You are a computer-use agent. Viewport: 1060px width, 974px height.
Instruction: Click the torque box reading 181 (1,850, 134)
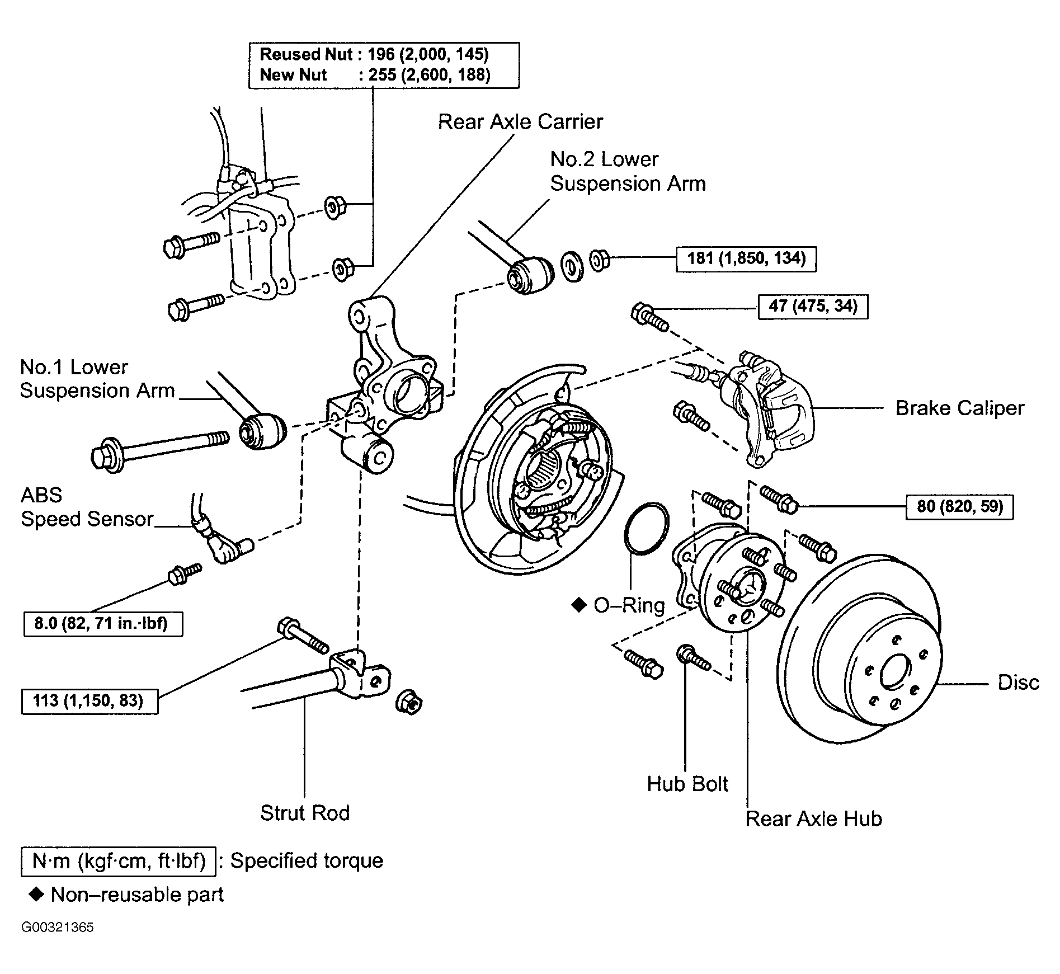[x=746, y=259]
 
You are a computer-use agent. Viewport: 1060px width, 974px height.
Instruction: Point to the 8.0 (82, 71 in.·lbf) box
[x=103, y=623]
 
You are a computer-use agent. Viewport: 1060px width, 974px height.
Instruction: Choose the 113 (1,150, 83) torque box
[x=89, y=700]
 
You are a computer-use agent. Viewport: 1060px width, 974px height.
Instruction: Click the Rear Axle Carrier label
[x=520, y=122]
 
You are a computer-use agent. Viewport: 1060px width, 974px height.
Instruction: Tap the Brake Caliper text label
[x=960, y=408]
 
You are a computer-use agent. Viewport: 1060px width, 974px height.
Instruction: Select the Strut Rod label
[x=305, y=813]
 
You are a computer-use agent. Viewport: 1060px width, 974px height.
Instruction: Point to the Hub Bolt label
[x=687, y=784]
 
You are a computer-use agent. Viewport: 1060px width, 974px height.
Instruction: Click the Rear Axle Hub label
[x=814, y=818]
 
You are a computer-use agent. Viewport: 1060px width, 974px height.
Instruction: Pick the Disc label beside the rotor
[x=1019, y=683]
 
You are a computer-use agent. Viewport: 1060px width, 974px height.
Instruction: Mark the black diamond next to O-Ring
[x=578, y=605]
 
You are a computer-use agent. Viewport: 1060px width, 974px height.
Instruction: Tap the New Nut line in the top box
[x=375, y=75]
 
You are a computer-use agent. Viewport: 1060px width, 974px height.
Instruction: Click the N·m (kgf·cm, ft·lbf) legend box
[x=118, y=860]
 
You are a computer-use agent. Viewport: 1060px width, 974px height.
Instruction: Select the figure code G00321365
[x=58, y=928]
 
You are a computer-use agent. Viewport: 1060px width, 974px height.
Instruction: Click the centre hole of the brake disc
[x=889, y=675]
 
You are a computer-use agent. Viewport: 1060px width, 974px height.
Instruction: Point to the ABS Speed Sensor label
[x=87, y=507]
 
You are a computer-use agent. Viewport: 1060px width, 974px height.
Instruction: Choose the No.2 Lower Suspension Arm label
[x=628, y=171]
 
